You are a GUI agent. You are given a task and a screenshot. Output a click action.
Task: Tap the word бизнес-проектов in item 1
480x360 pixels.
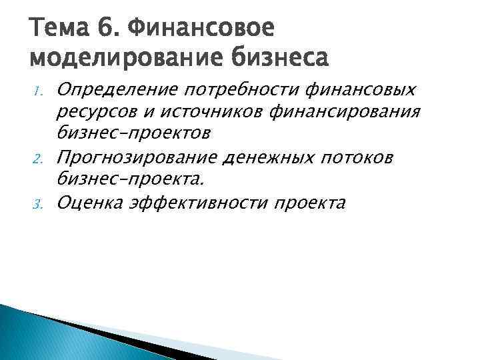pos(134,134)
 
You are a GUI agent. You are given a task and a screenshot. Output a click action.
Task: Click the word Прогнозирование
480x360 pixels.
pos(140,157)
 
